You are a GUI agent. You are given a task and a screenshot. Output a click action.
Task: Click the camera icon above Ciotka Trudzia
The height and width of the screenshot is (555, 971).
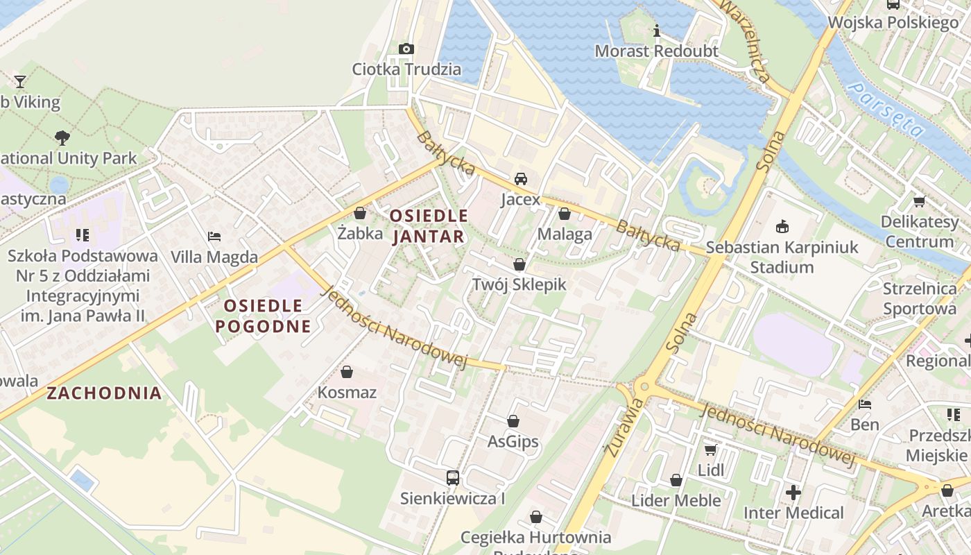[406, 49]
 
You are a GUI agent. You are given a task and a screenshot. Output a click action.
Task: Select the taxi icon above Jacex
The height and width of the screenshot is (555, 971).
[520, 179]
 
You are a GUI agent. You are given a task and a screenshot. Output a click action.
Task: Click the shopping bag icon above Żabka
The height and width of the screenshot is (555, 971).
[359, 213]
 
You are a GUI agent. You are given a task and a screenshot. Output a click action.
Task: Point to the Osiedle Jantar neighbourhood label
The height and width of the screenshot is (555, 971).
[428, 226]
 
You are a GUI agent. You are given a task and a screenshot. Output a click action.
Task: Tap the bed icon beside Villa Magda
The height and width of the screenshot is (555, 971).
[214, 237]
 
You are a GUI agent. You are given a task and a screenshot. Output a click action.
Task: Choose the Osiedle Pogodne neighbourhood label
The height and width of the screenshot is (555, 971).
[262, 316]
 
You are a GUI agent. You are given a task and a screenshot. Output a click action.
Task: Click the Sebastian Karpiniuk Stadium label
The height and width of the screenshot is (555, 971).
[782, 257]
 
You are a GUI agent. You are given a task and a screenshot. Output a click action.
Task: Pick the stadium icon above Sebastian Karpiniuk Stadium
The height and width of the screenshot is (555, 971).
[782, 226]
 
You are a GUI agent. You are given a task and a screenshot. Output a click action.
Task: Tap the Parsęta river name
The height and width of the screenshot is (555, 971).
[888, 109]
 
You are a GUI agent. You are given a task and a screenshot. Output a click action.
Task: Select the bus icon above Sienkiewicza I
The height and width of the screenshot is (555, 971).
[452, 477]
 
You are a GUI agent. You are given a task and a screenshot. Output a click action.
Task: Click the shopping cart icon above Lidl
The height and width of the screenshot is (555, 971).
[710, 450]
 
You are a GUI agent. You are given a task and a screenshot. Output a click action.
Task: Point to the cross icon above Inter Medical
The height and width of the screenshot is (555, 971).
[793, 493]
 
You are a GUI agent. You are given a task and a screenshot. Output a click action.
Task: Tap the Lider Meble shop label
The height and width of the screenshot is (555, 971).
[676, 500]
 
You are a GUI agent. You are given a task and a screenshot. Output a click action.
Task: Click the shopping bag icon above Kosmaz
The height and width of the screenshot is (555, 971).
[347, 373]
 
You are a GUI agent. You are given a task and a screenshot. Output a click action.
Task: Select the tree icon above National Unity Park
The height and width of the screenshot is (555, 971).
[62, 138]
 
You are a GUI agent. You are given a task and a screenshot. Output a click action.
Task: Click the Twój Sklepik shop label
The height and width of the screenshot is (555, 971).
[519, 284]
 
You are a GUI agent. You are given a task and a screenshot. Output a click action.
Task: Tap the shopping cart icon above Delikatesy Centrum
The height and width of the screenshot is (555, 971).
[919, 202]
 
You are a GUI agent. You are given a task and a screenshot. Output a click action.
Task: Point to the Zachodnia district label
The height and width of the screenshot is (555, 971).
[104, 393]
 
